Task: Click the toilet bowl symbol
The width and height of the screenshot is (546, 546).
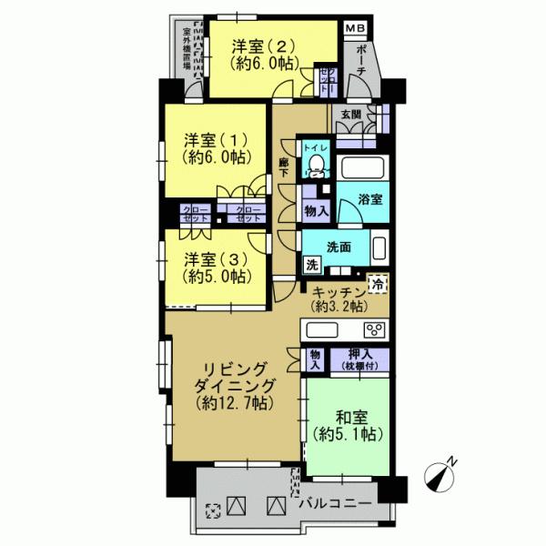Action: tap(316, 164)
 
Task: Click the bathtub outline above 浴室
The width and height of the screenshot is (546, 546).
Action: tap(363, 168)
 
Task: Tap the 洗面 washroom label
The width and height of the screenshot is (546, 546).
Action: tap(340, 247)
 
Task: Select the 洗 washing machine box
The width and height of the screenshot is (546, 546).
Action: tap(311, 266)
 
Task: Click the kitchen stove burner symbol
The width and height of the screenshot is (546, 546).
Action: tap(372, 329)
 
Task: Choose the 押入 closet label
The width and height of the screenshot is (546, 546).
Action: tap(363, 359)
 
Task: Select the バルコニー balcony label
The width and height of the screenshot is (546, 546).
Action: tap(334, 503)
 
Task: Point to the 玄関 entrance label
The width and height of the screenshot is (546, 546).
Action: tap(351, 114)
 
